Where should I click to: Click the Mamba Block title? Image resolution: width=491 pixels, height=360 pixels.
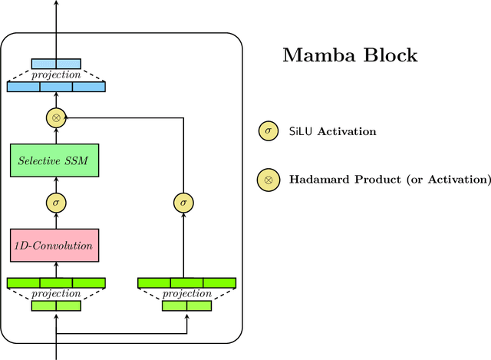350,56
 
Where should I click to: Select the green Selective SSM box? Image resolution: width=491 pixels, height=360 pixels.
56,161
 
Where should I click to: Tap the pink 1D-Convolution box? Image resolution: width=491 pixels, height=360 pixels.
56,246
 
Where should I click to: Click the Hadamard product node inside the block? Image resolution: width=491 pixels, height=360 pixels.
56,117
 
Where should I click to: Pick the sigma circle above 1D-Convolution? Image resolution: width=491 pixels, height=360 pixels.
56,203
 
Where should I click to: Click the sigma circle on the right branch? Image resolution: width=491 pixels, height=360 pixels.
183,203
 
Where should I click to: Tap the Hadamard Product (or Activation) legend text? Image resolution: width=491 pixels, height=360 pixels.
390,180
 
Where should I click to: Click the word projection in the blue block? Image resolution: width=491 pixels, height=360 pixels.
56,75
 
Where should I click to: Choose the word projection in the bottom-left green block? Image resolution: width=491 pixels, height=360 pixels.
56,294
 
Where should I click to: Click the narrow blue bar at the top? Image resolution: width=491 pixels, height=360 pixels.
56,63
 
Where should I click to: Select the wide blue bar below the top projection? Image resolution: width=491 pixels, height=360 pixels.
56,88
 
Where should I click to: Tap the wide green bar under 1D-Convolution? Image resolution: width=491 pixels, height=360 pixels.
56,282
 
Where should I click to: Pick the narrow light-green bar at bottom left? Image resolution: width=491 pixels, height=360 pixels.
56,306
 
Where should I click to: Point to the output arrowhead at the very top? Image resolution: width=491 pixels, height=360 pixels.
56,4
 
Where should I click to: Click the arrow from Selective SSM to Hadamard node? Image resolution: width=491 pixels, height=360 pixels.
56,136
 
